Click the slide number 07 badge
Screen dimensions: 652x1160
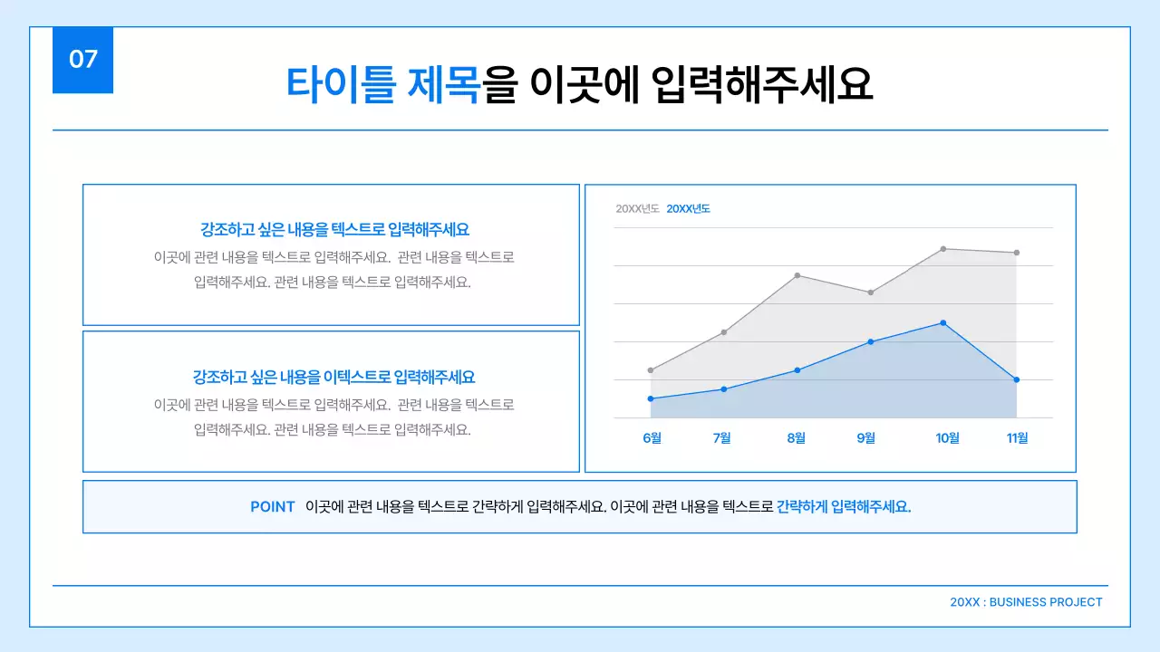82,60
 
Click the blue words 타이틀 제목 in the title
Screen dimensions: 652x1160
382,85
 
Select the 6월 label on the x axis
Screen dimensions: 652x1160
652,438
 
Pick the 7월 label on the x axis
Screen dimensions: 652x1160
722,438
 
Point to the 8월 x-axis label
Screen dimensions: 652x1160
796,438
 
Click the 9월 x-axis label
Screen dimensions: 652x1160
866,438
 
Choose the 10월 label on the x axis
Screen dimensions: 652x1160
947,438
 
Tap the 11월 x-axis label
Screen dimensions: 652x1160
1017,438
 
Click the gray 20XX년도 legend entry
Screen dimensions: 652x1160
637,209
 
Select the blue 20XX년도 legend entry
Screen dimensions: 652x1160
688,209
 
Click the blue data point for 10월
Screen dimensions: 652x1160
943,322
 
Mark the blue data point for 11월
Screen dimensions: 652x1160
1017,379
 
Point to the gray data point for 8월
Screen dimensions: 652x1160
797,275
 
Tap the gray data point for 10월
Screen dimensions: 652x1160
943,248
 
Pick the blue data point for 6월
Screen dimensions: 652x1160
651,398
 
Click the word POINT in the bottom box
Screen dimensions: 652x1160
273,507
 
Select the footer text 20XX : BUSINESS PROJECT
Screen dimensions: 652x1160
1026,602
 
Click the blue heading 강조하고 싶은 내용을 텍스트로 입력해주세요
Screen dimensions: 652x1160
334,230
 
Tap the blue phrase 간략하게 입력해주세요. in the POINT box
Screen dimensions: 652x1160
844,507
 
